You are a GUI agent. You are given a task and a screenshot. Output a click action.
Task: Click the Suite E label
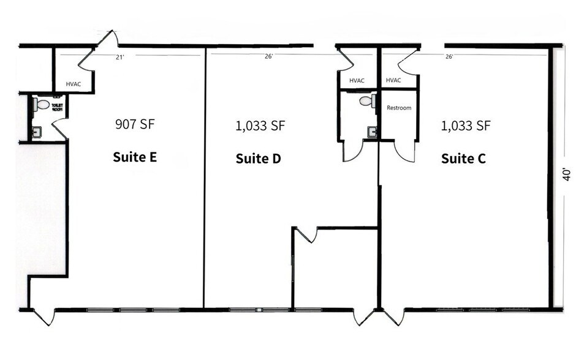coord(135,157)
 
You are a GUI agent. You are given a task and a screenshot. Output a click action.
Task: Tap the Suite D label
coord(258,159)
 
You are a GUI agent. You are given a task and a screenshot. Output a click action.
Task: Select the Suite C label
coord(463,159)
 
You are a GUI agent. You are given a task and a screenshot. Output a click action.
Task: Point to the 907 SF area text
coord(135,124)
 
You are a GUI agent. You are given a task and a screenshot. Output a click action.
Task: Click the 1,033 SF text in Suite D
coord(260,126)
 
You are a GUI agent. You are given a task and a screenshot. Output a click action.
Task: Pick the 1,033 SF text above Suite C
coord(466,126)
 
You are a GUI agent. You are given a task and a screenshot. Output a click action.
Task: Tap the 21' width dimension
coord(120,57)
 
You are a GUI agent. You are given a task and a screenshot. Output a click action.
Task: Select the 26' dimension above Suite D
coord(268,57)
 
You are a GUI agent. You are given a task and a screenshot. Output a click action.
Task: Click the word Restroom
coord(398,108)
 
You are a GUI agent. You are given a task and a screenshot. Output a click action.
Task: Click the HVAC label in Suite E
coord(74,84)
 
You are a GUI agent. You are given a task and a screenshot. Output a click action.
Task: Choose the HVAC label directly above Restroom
coord(393,80)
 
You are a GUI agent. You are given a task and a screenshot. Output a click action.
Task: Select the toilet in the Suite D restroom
coord(367,101)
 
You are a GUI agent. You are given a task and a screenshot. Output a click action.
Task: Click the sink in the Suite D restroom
coord(371,131)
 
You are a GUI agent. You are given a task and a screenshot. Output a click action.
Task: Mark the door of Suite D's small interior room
coord(306,234)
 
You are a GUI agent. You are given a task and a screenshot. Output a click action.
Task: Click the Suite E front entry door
coord(44,317)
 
